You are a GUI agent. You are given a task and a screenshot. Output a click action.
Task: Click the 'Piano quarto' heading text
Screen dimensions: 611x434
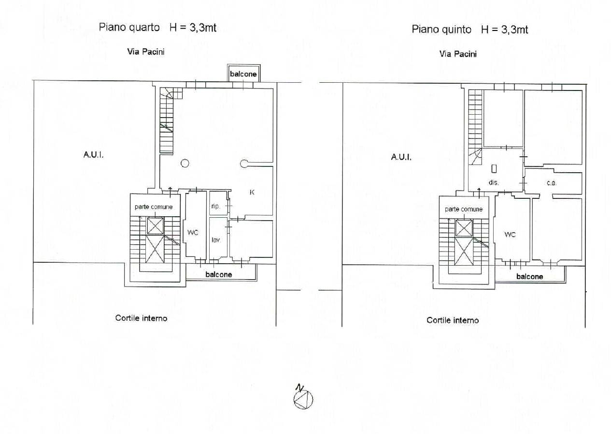[129, 28]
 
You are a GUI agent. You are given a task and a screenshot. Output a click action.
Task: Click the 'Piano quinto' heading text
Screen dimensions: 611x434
[441, 30]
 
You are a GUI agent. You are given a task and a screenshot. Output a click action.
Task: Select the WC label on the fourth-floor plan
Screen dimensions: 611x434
[193, 233]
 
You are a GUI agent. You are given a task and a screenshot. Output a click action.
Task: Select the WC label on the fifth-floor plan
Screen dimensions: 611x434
[510, 235]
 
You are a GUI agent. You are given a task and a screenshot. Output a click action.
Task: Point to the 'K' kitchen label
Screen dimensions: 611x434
[252, 193]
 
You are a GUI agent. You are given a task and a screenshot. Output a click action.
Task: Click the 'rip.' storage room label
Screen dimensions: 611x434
[215, 206]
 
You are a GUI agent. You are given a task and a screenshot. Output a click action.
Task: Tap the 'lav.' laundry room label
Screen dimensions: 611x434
[216, 240]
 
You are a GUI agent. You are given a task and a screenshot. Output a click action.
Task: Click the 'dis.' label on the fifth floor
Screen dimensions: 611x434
[493, 182]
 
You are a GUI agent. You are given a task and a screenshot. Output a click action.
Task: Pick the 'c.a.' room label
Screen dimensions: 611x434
[551, 183]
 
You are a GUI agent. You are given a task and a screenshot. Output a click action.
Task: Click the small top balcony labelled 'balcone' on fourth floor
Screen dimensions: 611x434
[244, 73]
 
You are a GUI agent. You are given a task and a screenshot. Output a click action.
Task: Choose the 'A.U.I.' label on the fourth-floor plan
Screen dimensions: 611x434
[93, 155]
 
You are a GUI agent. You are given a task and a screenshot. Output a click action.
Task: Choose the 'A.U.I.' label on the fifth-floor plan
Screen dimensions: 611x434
[401, 157]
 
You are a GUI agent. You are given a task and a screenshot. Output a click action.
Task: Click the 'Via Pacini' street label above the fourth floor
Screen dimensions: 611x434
[146, 52]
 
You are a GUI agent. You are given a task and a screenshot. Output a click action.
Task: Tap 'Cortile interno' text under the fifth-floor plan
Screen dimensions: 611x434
[453, 320]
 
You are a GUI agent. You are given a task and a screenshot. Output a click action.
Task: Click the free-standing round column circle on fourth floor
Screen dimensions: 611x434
[185, 164]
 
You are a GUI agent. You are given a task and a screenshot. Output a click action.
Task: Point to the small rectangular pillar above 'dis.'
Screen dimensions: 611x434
[494, 169]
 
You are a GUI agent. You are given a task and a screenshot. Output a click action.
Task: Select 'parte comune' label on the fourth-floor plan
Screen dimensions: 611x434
[154, 207]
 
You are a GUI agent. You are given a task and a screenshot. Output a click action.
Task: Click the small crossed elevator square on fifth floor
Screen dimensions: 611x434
[464, 228]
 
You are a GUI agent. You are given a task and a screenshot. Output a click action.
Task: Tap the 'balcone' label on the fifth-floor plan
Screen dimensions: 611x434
[529, 277]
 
